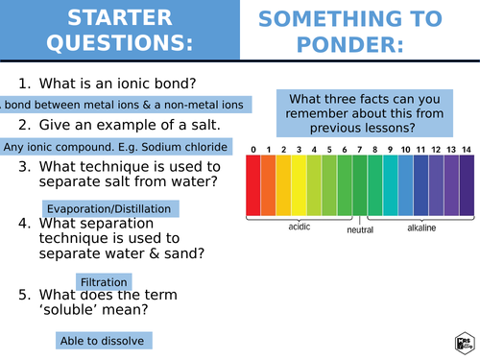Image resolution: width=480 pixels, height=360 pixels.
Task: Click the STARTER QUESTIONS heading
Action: click(x=119, y=31)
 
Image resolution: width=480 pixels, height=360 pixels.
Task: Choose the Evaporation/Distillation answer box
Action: click(x=109, y=208)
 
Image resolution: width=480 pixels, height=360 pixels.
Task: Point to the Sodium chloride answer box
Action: click(x=115, y=146)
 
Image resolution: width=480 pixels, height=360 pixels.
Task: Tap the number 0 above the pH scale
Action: click(x=253, y=150)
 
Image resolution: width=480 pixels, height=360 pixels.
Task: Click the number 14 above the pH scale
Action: click(x=467, y=150)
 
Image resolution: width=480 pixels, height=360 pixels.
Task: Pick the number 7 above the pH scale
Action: click(x=360, y=150)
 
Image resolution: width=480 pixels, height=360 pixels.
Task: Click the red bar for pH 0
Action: click(x=253, y=185)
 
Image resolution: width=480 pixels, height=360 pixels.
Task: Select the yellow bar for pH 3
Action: click(x=299, y=185)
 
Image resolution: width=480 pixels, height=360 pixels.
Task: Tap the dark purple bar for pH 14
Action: click(x=467, y=185)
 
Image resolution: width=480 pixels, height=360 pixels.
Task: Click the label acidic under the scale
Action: click(x=300, y=228)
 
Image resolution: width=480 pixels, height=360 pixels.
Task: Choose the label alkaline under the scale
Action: click(x=421, y=228)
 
